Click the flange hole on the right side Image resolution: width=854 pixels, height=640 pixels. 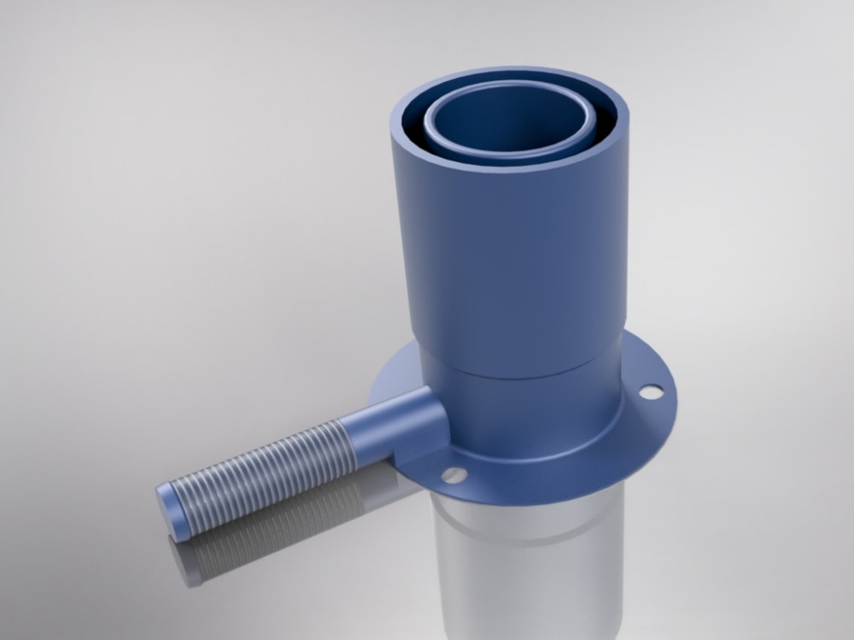651,391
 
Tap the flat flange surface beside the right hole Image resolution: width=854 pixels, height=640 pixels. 658,419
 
